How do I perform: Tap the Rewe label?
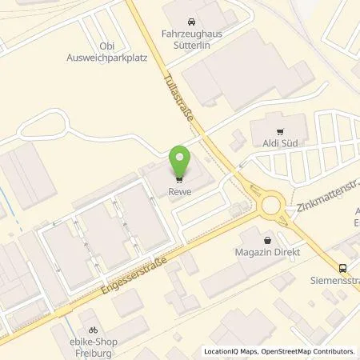click(180, 190)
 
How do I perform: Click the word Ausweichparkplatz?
click(112, 58)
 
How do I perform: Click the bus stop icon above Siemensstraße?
click(342, 269)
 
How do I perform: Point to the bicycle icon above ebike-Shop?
click(94, 328)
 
